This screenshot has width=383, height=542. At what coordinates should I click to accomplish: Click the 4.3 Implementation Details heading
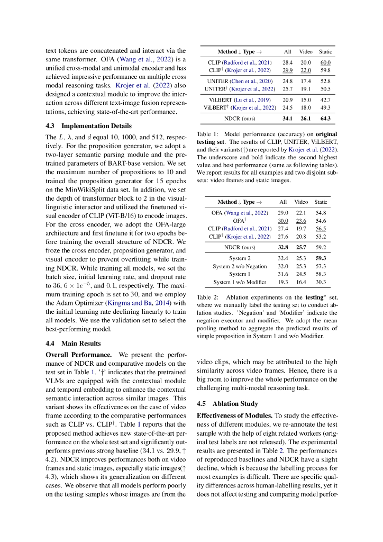89,126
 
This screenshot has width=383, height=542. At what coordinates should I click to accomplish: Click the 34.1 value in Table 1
288,118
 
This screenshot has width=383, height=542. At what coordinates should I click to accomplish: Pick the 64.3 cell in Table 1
325,118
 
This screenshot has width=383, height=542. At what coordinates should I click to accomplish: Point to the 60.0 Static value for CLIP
325,62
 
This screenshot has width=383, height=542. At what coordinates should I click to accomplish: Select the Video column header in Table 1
306,52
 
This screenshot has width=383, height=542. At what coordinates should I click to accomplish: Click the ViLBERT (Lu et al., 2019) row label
240,100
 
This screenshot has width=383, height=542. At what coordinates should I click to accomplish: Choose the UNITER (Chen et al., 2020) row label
240,81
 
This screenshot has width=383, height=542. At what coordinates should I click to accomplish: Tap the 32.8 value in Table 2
283,247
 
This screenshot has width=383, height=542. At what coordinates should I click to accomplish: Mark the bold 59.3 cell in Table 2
321,258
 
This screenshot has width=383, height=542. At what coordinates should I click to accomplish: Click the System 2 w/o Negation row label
240,266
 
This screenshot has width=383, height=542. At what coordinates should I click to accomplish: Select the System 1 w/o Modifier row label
240,282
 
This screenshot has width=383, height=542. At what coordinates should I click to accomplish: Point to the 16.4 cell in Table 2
301,282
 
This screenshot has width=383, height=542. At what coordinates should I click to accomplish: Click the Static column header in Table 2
321,202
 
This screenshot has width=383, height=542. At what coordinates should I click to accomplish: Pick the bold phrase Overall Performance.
78,354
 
